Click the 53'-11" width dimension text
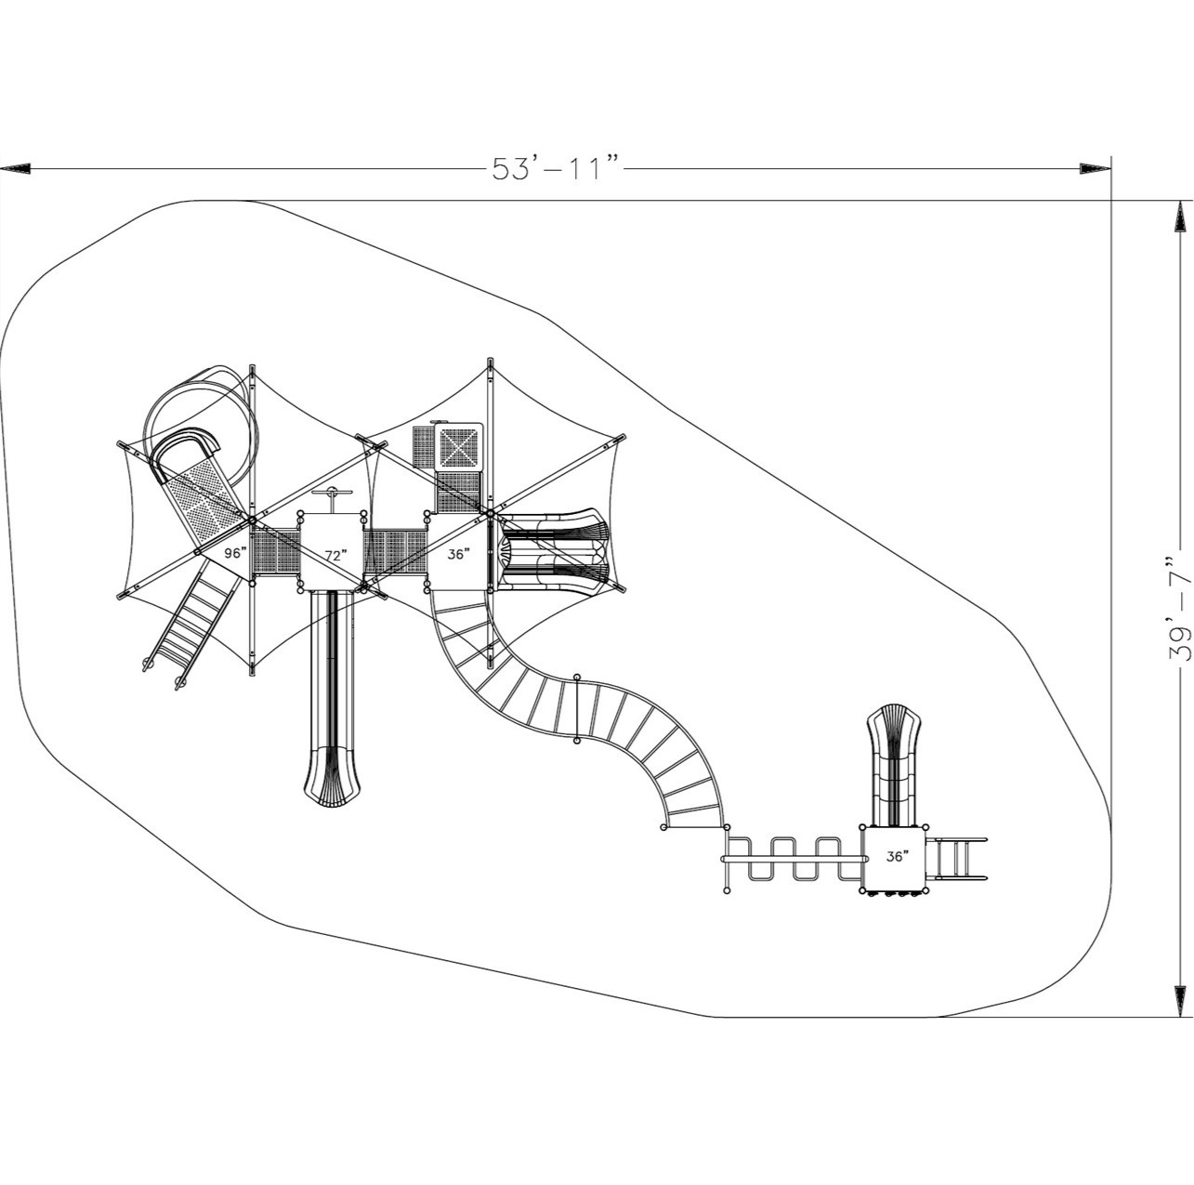(x=556, y=168)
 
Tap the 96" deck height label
(x=235, y=553)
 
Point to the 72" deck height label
(x=335, y=556)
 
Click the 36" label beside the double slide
(x=458, y=553)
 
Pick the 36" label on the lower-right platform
(x=897, y=857)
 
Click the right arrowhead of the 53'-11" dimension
(x=1094, y=168)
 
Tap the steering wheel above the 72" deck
(x=331, y=494)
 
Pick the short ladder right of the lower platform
(x=957, y=858)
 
